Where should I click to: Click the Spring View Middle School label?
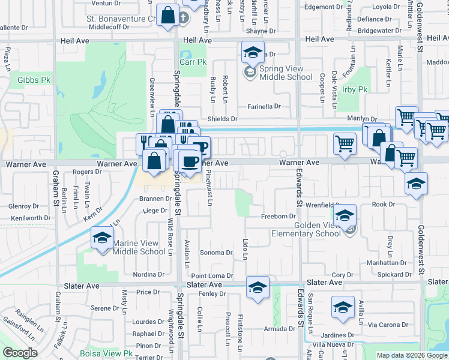285,73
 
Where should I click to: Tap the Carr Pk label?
193,62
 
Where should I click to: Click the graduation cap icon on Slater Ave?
258,287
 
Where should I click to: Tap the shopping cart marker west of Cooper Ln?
345,143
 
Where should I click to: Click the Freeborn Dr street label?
279,217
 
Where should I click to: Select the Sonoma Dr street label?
216,253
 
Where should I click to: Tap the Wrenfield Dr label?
322,205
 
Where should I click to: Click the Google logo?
20,353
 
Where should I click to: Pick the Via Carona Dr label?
388,325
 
